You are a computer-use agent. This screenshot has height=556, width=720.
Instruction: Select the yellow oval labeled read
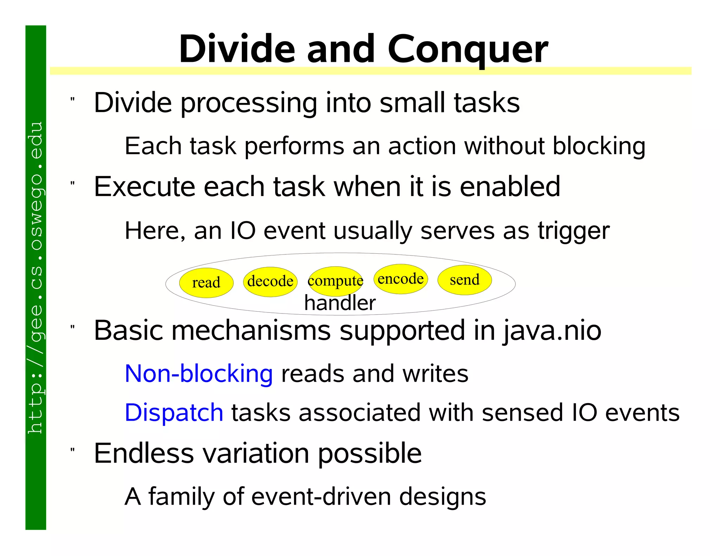click(206, 283)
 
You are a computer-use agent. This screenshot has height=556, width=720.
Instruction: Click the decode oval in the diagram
click(270, 282)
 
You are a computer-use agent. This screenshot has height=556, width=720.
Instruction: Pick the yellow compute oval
click(335, 280)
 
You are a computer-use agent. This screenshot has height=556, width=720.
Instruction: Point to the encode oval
click(400, 279)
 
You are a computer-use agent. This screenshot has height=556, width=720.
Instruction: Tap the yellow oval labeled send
click(464, 280)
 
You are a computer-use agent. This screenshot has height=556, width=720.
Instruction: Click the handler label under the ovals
click(340, 303)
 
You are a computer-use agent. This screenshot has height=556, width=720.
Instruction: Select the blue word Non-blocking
click(199, 373)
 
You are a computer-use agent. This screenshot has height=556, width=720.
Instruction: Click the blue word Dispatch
click(174, 412)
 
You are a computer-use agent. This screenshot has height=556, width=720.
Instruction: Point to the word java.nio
click(552, 331)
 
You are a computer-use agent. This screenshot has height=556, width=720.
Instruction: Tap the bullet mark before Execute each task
click(72, 183)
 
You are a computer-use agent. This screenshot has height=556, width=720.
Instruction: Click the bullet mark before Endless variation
click(72, 450)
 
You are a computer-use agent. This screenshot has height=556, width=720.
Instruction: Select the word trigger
click(573, 231)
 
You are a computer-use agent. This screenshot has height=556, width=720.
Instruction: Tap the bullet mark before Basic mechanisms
click(72, 327)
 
